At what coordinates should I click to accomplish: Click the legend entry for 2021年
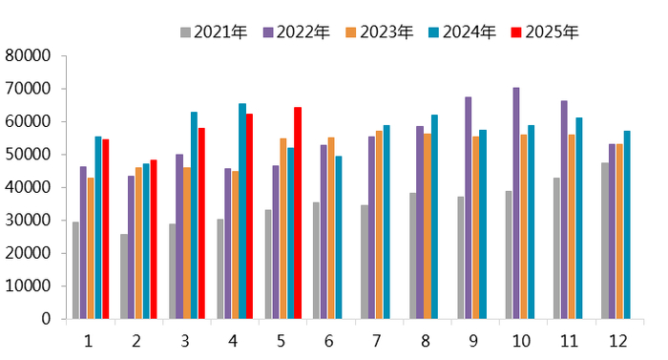pos(214,32)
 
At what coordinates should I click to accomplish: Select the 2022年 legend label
pos(297,32)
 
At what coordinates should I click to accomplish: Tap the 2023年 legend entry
pos(380,32)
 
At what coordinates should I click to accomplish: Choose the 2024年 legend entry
pos(463,32)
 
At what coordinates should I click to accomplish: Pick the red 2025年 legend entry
pos(545,32)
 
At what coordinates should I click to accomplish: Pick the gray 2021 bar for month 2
pos(124,276)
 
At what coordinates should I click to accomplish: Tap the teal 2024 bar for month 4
pos(242,211)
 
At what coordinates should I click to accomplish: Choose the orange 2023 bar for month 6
pos(331,228)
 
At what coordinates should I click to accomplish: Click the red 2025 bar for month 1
pos(106,229)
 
